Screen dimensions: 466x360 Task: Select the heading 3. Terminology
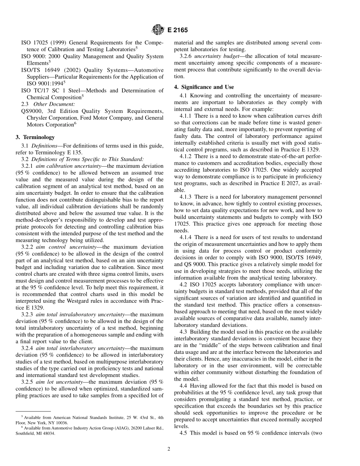35,137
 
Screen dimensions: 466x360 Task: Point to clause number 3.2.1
29,166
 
